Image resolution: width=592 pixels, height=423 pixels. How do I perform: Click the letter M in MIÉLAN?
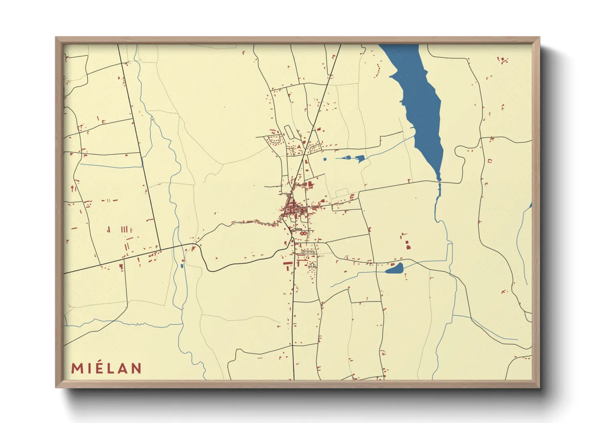[x=77, y=368]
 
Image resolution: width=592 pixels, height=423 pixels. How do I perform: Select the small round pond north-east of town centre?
[x=324, y=159]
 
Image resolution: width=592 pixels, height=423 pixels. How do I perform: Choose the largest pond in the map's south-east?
[x=394, y=269]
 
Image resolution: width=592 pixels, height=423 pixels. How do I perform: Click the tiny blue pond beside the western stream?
[x=182, y=265]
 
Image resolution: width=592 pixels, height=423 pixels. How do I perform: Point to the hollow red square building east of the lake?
[x=490, y=161]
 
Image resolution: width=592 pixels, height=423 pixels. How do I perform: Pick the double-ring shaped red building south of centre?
[x=304, y=233]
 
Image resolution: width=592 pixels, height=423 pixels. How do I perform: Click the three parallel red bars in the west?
[x=126, y=229]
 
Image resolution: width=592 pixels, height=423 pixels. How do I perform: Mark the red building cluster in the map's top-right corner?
[x=502, y=60]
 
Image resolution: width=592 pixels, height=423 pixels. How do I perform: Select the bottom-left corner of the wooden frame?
[x=56, y=387]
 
